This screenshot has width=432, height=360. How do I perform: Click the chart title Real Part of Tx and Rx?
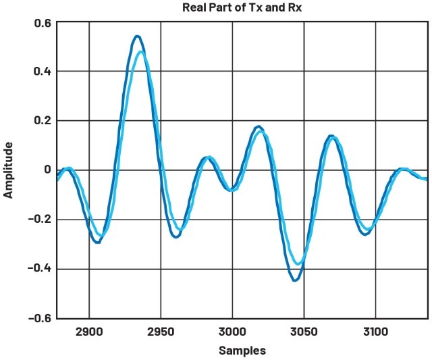(241, 8)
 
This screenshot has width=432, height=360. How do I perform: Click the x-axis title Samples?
(242, 351)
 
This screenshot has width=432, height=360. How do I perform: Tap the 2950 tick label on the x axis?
(161, 332)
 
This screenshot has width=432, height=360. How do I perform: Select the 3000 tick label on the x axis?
(232, 332)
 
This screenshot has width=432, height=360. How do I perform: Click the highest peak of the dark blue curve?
(137, 36)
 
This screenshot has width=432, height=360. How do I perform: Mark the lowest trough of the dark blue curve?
(295, 280)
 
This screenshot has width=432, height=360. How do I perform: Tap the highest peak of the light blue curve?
(141, 52)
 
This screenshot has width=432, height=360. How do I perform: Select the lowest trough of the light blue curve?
(298, 263)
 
